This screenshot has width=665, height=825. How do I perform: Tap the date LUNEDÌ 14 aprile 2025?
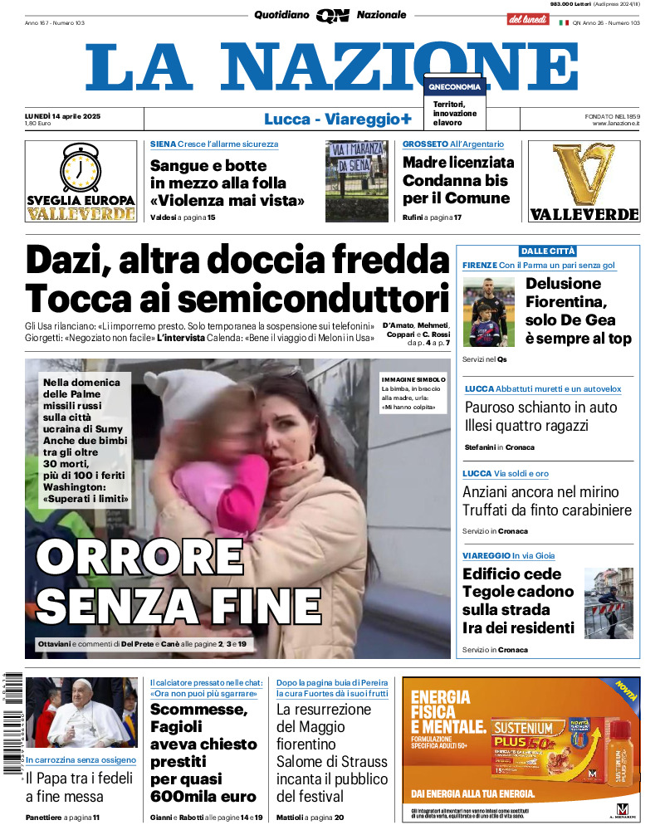pyautogui.click(x=62, y=115)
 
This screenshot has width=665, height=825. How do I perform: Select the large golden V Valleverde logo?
pyautogui.click(x=583, y=174)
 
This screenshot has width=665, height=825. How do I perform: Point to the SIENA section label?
pyautogui.click(x=162, y=144)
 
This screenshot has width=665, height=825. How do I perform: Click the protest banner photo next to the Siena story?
pyautogui.click(x=356, y=181)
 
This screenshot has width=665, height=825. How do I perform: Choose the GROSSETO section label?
pyautogui.click(x=425, y=144)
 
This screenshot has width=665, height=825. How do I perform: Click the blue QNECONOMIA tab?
pyautogui.click(x=454, y=86)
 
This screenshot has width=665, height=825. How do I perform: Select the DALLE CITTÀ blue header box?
pyautogui.click(x=547, y=251)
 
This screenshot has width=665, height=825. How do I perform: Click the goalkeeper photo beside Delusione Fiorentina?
pyautogui.click(x=489, y=311)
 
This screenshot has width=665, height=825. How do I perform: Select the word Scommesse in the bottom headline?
pyautogui.click(x=198, y=710)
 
